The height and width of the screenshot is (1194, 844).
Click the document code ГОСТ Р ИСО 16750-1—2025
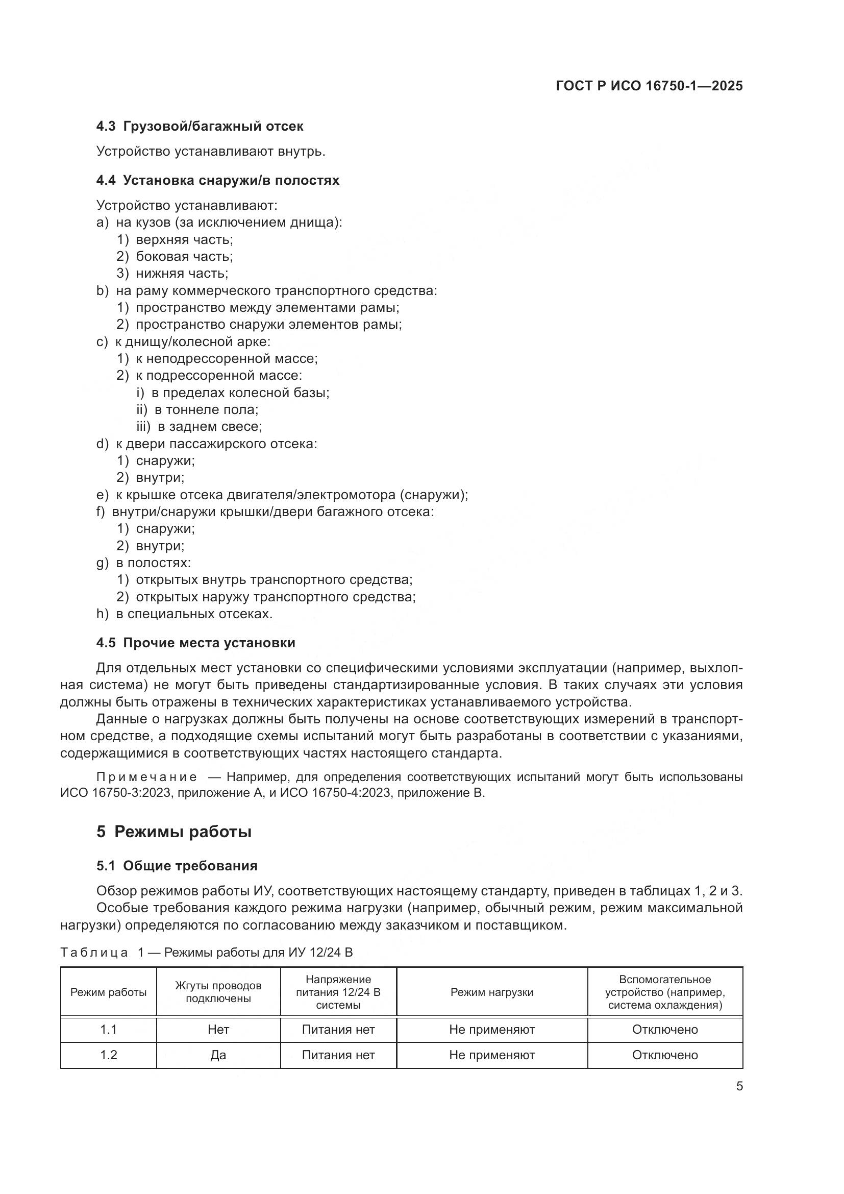pos(649,86)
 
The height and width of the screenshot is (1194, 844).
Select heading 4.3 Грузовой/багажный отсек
pos(200,127)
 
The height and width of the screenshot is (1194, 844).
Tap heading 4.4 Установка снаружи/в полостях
pos(218,180)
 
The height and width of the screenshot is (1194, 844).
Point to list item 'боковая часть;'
pos(184,256)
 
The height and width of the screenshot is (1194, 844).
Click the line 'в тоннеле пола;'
pos(206,409)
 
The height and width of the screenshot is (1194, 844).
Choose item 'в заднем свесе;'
pos(209,426)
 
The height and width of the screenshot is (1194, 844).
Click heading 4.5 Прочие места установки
pos(196,643)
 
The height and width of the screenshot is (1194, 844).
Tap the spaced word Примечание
pos(146,777)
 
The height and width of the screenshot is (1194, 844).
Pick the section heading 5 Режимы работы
pos(174,832)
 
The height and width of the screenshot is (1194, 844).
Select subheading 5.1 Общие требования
pos(177,866)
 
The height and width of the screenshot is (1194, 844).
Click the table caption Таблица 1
pos(94,952)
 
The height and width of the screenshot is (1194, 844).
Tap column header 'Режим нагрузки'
pos(491,992)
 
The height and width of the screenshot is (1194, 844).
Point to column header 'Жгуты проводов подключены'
pos(218,992)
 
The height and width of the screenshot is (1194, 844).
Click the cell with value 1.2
pos(108,1055)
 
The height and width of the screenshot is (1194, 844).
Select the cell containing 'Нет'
pos(218,1030)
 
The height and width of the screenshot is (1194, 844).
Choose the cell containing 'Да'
pos(218,1055)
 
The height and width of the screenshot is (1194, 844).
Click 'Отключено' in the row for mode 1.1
pos(665,1030)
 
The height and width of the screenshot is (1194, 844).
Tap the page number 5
pos(739,1086)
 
